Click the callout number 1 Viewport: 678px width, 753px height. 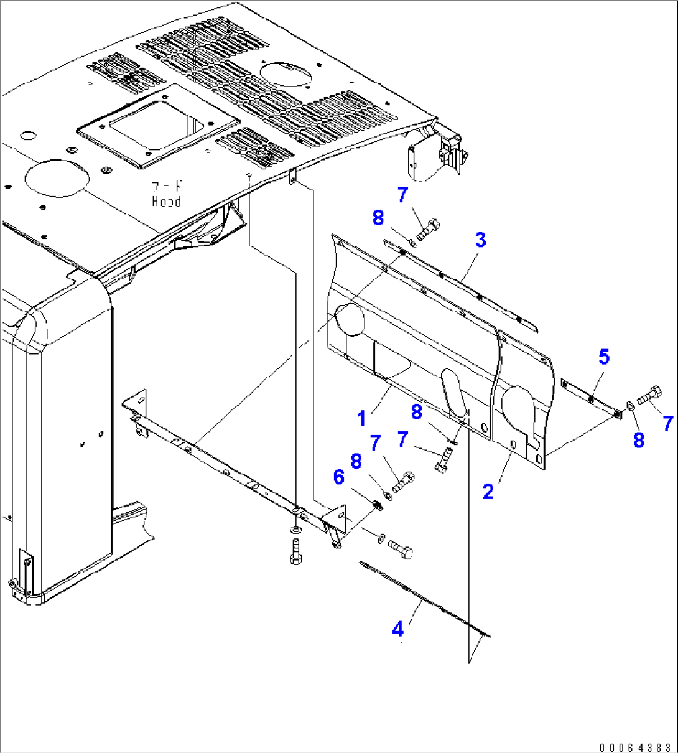click(x=362, y=418)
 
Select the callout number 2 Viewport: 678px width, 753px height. click(x=488, y=492)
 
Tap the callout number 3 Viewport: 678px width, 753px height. click(x=480, y=240)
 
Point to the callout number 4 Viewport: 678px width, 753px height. click(x=397, y=629)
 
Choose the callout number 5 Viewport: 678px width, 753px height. click(x=604, y=357)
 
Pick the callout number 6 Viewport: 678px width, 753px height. click(x=338, y=477)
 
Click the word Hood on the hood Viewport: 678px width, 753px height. click(x=167, y=202)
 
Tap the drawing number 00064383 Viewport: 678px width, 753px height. click(x=634, y=746)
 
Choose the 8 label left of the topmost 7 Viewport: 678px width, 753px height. click(x=378, y=218)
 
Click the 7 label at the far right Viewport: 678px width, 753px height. click(x=667, y=424)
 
